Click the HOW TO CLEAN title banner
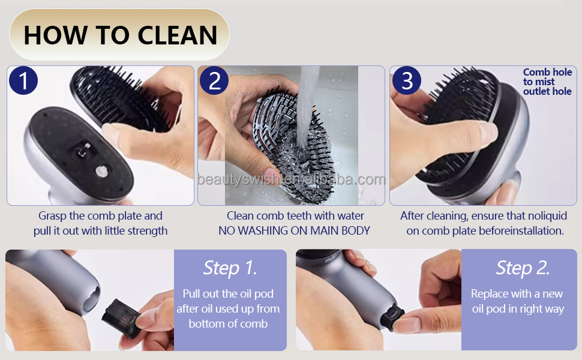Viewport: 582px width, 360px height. coord(119,35)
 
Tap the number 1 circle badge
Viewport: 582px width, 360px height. coord(23,81)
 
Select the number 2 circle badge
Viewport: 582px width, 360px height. coord(214,81)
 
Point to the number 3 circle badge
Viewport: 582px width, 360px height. coord(407,81)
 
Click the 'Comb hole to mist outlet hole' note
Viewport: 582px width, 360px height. coord(547,82)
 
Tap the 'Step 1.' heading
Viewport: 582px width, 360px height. coord(230,268)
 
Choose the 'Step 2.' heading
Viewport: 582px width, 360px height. coord(523,268)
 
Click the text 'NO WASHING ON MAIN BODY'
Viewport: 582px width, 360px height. coord(294,230)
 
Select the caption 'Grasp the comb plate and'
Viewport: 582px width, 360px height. coord(100,215)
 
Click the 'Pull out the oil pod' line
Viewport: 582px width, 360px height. coord(228,294)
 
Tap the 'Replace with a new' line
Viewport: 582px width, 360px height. coord(517,294)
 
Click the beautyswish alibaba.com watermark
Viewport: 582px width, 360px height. coord(291,179)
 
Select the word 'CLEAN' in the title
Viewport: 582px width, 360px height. coord(178,35)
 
